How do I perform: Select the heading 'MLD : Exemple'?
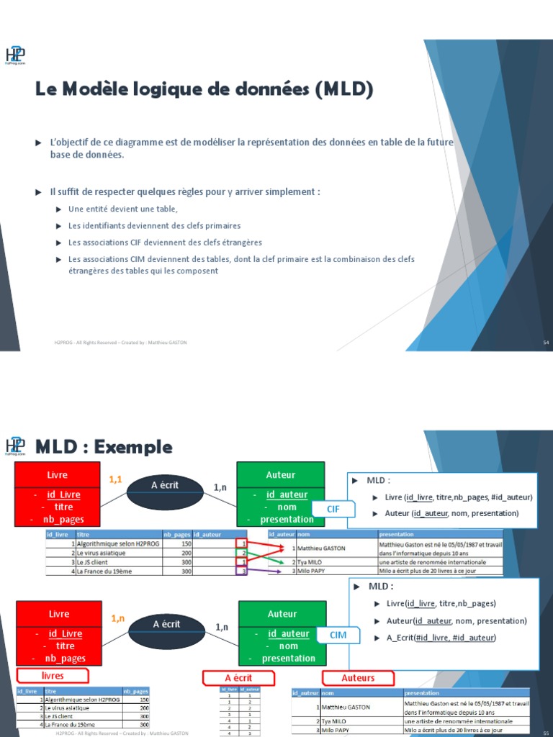pyautogui.click(x=104, y=447)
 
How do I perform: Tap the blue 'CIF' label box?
pyautogui.click(x=333, y=509)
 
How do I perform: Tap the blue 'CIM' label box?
pyautogui.click(x=338, y=636)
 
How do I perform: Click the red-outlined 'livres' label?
pyautogui.click(x=53, y=676)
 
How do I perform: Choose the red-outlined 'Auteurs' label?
pyautogui.click(x=358, y=677)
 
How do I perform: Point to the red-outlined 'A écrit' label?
pyautogui.click(x=238, y=678)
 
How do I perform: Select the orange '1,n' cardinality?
pyautogui.click(x=118, y=618)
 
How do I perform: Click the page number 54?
pyautogui.click(x=546, y=343)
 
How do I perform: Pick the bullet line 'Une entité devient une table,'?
pyautogui.click(x=122, y=209)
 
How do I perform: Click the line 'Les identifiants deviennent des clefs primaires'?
pyautogui.click(x=154, y=225)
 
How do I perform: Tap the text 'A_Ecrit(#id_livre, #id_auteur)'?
pyautogui.click(x=441, y=638)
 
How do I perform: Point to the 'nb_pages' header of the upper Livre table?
pyautogui.click(x=177, y=535)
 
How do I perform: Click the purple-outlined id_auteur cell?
pyautogui.click(x=244, y=571)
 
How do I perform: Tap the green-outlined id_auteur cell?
pyautogui.click(x=244, y=553)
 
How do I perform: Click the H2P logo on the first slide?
pyautogui.click(x=16, y=54)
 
